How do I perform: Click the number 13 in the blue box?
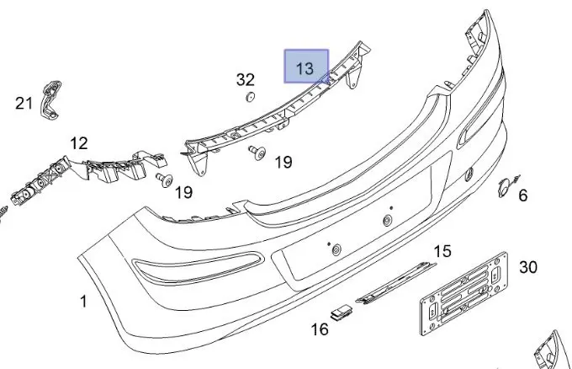point(305,68)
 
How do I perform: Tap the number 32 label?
point(245,79)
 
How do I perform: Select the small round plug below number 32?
point(250,97)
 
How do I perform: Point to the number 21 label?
point(24,103)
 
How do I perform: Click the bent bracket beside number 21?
point(50,99)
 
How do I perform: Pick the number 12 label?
point(79,143)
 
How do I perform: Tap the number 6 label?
point(522,195)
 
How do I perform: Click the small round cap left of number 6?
point(504,187)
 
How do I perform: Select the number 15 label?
point(442,251)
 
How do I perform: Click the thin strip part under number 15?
point(396,283)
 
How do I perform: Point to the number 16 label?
point(320,329)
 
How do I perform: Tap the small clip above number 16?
point(342,312)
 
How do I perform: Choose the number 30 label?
point(528,267)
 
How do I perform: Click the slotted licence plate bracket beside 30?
point(464,293)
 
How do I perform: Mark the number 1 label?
point(83,302)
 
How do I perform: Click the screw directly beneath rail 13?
point(257,152)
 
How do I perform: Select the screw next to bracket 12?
point(165,179)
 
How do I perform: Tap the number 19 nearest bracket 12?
point(183,192)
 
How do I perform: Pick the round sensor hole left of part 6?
point(469,174)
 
